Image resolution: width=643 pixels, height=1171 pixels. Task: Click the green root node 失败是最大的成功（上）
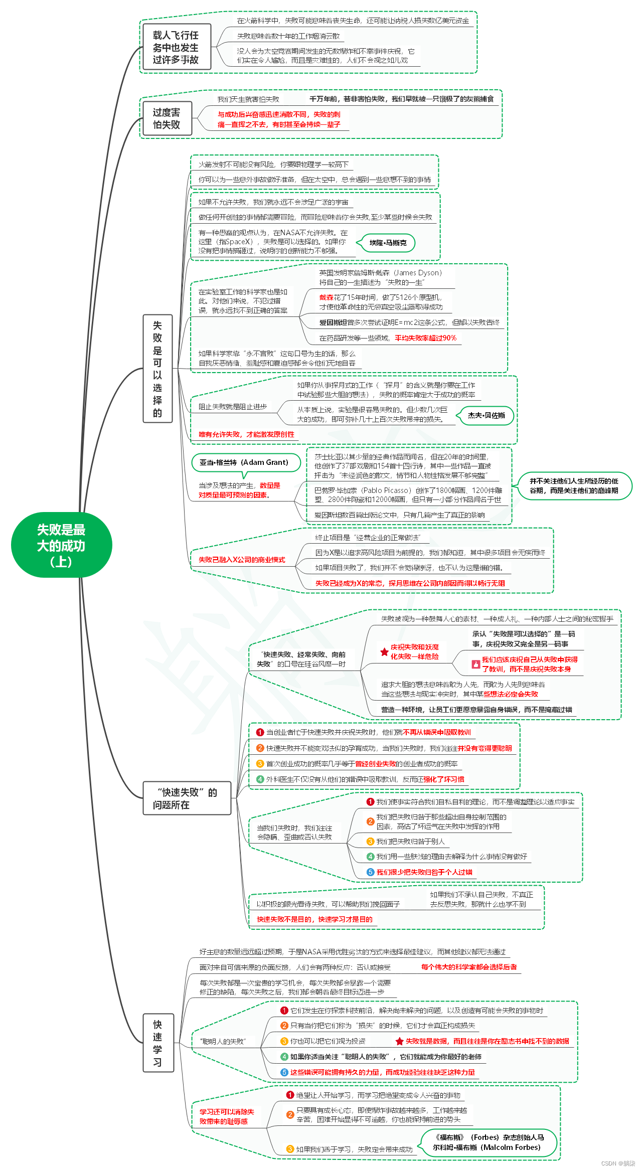[61, 545]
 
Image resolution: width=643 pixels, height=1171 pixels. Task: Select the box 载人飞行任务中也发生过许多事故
[176, 47]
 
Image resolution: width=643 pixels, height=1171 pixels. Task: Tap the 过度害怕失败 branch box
[167, 118]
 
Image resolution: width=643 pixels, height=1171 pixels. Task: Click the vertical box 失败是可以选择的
[157, 369]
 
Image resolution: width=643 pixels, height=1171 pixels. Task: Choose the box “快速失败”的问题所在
[187, 798]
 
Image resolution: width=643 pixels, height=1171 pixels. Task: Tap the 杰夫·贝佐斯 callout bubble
[486, 415]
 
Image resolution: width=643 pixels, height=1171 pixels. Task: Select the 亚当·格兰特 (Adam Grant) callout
[244, 462]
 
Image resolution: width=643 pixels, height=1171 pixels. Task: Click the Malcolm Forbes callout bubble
[489, 1142]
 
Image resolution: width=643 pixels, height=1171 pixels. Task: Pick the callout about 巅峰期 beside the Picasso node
[574, 485]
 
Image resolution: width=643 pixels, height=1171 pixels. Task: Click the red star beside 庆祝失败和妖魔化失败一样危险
[384, 652]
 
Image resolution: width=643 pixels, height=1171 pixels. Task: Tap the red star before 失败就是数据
[399, 1041]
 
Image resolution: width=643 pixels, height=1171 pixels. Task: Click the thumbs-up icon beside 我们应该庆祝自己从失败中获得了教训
[475, 664]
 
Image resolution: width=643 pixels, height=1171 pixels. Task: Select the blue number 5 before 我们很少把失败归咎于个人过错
[370, 872]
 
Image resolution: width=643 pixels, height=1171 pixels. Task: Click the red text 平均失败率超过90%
[425, 338]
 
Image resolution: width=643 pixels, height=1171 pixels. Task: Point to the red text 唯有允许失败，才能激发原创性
[246, 434]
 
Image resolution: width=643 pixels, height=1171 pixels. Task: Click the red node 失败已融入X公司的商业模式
[242, 560]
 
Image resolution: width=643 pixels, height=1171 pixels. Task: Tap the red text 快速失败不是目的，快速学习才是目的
[314, 919]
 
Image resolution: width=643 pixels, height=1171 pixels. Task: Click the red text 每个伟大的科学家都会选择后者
[469, 967]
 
